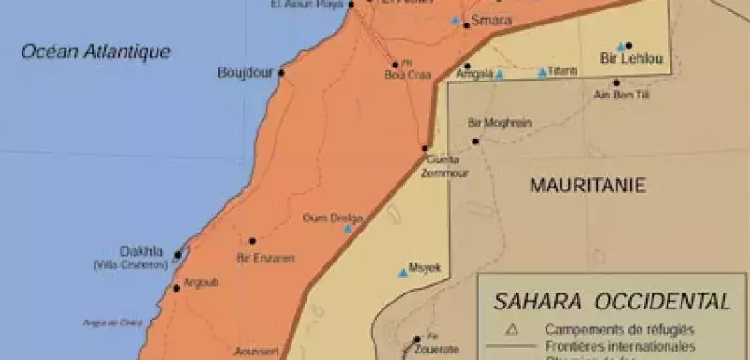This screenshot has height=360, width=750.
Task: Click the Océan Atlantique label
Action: coord(96,52)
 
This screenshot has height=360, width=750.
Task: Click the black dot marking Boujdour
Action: coord(281,72)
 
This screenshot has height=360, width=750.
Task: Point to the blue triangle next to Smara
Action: coord(456,21)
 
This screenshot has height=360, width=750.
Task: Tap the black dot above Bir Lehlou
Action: coord(629,45)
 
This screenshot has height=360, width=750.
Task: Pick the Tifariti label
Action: coord(563,72)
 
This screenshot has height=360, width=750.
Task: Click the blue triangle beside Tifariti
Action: coord(542,72)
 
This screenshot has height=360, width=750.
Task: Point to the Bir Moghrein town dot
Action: coord(476,141)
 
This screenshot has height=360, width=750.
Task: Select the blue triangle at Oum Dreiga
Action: coord(348,229)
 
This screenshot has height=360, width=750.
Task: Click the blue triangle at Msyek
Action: coord(403,273)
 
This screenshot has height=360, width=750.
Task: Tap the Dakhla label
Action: coord(142,251)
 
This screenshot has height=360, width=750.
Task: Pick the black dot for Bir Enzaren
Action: coord(252,241)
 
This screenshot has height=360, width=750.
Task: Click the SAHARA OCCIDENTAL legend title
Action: coord(613,302)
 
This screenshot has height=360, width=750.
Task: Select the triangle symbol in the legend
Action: coord(511,329)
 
